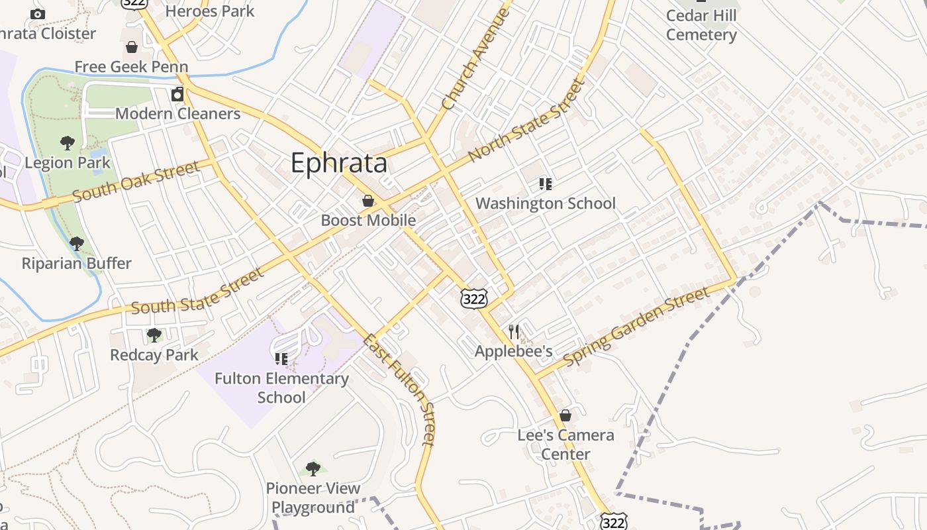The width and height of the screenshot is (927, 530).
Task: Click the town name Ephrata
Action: tap(338, 163)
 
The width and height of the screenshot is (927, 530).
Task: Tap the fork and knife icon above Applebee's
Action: tap(514, 331)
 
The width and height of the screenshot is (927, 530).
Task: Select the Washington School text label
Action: tap(546, 203)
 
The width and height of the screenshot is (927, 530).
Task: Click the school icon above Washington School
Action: tap(545, 184)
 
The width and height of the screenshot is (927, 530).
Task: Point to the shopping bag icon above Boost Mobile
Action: tap(368, 200)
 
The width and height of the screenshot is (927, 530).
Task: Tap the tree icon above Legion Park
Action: tap(67, 142)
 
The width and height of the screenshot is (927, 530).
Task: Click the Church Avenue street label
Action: tap(475, 60)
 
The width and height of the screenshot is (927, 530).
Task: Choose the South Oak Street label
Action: tap(136, 182)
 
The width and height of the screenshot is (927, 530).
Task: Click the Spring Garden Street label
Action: tap(636, 327)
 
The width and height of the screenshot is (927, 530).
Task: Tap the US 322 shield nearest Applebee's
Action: tap(474, 299)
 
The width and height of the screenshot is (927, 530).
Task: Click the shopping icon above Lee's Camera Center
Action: tap(565, 415)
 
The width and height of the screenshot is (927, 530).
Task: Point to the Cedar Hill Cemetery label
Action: tap(701, 25)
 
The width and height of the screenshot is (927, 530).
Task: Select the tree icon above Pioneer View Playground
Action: tap(313, 469)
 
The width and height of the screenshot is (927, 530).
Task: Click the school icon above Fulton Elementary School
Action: tap(281, 358)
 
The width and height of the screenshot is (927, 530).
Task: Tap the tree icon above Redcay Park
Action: tap(154, 335)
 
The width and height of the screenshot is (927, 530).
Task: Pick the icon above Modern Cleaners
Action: tap(177, 94)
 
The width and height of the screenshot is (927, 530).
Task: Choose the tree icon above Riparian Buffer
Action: tap(77, 243)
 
